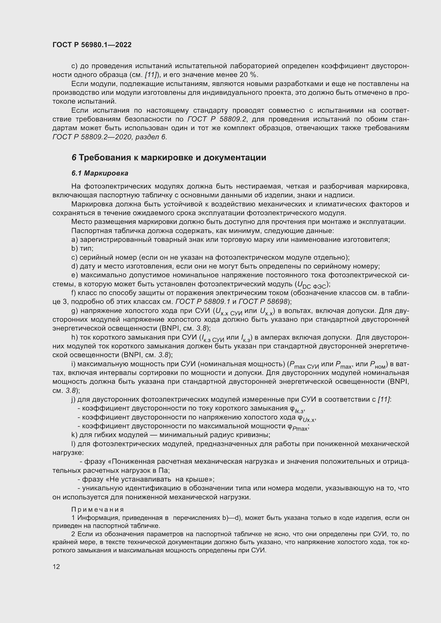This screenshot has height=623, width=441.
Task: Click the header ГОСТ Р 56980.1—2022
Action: pos(92,45)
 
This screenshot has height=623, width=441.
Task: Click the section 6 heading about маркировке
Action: pos(169,158)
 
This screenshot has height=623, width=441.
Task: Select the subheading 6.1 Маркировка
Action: pos(100,173)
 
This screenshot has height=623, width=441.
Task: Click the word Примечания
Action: pos(98,510)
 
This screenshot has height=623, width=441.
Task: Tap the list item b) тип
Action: pos(82,248)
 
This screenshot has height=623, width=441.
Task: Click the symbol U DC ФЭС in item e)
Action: pos(312,285)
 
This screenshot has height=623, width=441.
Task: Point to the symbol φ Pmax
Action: pos(298,427)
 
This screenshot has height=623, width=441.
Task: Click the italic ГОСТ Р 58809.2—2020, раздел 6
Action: pos(109,137)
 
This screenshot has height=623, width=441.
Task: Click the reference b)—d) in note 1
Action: pos(232,518)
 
